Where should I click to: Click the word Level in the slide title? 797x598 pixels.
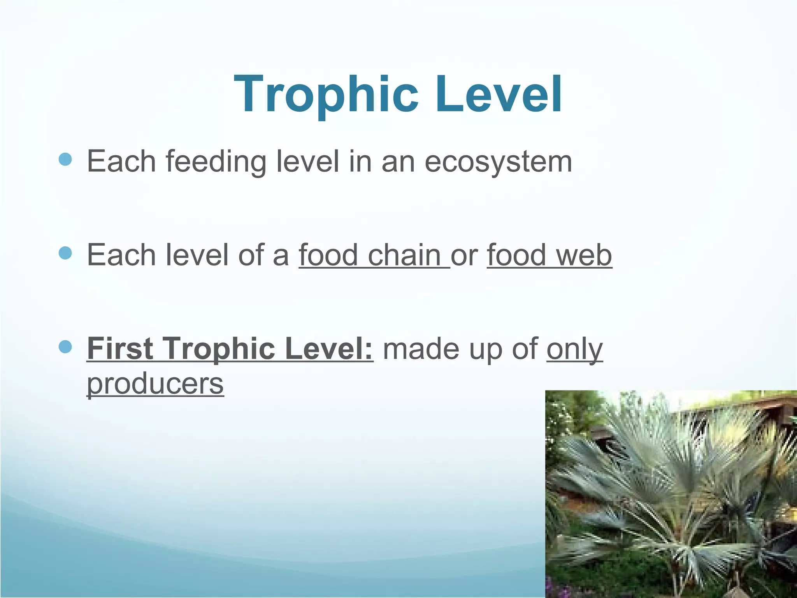tap(499, 95)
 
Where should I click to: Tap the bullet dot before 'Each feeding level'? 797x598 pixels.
tap(65, 160)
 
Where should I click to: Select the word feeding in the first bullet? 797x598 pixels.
tap(216, 162)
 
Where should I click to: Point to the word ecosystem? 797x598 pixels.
tap(498, 162)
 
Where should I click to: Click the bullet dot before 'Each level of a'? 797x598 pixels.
tap(65, 253)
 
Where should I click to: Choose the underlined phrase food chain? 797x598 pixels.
tap(374, 255)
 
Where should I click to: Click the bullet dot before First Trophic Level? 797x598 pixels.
tap(65, 346)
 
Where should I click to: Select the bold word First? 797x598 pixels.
tap(120, 348)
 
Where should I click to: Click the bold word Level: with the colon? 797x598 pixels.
tap(329, 348)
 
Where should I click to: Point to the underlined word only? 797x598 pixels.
tap(575, 349)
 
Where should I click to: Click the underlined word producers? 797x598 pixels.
tap(155, 384)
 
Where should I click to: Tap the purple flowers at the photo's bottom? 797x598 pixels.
tap(560, 586)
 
